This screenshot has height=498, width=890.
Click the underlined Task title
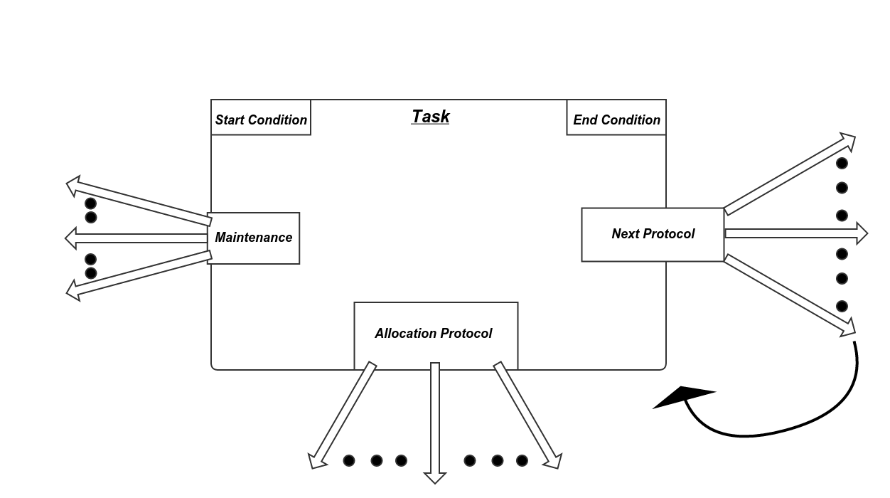click(x=430, y=117)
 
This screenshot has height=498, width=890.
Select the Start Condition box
click(x=261, y=118)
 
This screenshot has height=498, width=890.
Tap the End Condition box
click(x=616, y=118)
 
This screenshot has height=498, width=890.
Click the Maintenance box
click(x=254, y=238)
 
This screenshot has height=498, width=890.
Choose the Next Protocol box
click(x=653, y=235)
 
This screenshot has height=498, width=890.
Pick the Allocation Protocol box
click(x=436, y=334)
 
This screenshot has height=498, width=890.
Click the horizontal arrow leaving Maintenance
click(x=135, y=238)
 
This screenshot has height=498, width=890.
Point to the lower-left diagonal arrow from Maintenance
click(x=139, y=273)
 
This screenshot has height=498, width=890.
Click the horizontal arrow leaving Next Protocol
click(x=796, y=233)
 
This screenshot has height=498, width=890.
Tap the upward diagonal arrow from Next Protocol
click(x=789, y=174)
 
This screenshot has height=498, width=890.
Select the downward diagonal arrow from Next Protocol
click(x=789, y=295)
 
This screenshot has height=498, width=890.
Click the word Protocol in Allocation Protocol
click(x=466, y=334)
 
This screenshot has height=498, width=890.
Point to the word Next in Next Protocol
click(x=625, y=234)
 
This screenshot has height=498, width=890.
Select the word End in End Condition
click(x=585, y=120)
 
